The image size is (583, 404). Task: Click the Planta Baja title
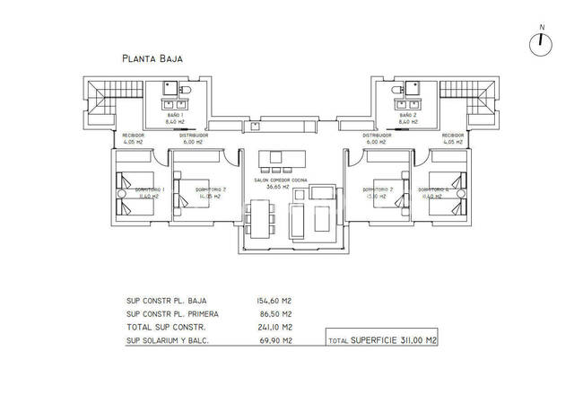point(152,58)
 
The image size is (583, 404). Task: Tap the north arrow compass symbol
point(541,42)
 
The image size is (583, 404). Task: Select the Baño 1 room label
point(175,115)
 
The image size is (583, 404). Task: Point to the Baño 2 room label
point(408,115)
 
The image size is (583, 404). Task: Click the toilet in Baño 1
point(185,91)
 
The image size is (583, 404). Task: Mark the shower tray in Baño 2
point(414,88)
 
